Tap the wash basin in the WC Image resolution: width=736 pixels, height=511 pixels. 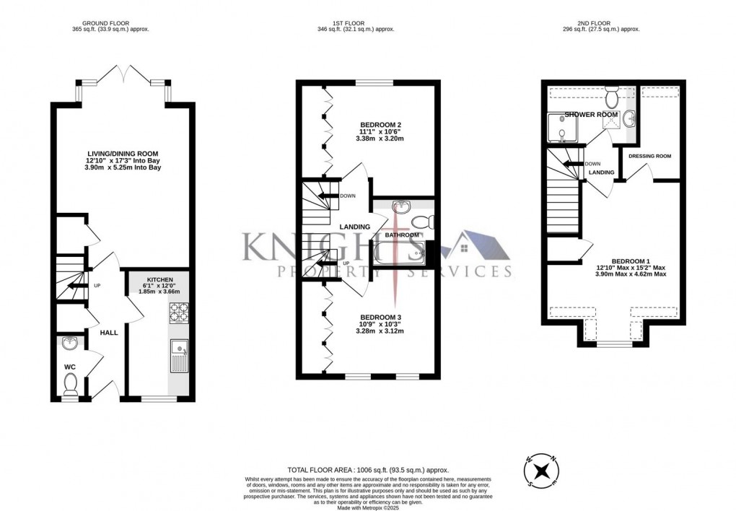coord(69,342)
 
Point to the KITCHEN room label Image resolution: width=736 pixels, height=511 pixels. coord(159,279)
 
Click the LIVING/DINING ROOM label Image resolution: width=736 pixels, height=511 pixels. coord(122,153)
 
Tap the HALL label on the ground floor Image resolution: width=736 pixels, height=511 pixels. coord(109,332)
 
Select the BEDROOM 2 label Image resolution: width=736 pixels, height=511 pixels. coord(380,124)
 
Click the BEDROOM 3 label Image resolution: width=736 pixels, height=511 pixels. coord(380,317)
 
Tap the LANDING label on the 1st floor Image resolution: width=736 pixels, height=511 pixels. coord(354,227)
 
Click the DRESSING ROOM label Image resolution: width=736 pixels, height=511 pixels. coord(649,156)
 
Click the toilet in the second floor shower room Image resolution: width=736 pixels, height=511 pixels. coord(613,96)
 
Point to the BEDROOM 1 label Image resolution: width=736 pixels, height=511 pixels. coord(631,261)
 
